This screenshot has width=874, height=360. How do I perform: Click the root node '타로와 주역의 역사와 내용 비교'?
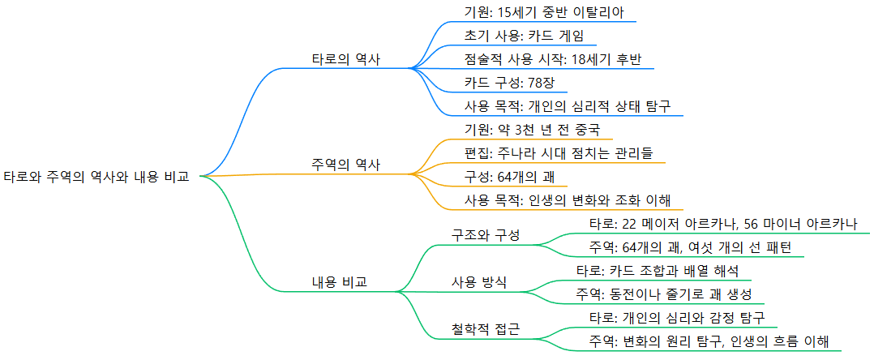(x=96, y=176)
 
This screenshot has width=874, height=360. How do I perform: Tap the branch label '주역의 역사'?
(x=346, y=165)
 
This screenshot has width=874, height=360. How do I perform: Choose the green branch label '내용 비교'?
(x=339, y=282)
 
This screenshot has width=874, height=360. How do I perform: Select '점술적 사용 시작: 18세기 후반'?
(x=553, y=59)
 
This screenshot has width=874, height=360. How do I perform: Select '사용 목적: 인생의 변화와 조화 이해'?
(x=568, y=200)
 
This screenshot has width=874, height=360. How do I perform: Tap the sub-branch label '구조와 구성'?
(x=485, y=235)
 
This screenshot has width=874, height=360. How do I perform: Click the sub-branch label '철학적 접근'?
(x=485, y=329)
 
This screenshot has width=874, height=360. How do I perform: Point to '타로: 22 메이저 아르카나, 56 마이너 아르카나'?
(x=722, y=224)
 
